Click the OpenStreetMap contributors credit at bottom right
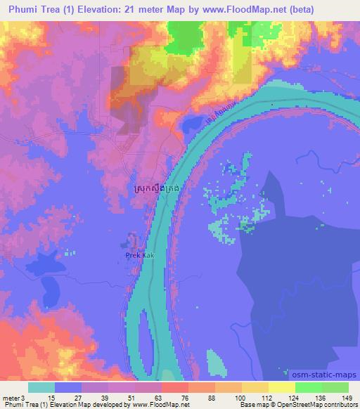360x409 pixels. (x=326, y=405)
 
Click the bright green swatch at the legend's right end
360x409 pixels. (x=335, y=387)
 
